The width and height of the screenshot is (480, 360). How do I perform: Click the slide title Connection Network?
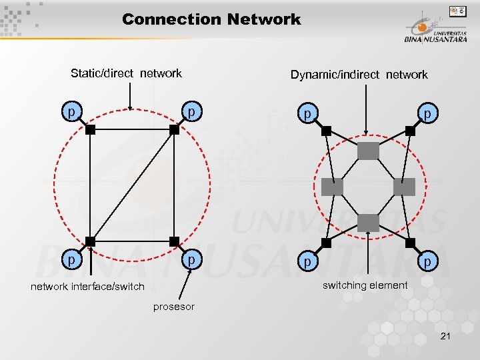[x=211, y=19]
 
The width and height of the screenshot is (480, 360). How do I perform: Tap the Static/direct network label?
[x=126, y=73]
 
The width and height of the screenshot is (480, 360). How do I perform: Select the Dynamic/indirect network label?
[x=359, y=75]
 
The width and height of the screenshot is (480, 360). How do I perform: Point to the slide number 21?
[x=445, y=336]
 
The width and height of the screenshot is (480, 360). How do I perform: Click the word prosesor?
[x=174, y=307]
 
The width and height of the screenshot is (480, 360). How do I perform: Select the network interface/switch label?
[x=87, y=287]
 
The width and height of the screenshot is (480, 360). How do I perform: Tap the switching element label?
[x=365, y=285]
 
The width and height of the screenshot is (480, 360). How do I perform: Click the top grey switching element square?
[x=368, y=151]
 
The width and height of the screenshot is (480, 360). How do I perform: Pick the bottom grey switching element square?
[x=368, y=223]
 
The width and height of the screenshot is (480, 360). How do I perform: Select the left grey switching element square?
[x=332, y=187]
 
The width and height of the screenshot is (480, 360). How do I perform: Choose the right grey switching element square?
[x=404, y=187]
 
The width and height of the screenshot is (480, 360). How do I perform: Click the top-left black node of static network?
[x=91, y=131]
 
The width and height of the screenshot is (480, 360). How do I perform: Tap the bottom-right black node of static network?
[x=174, y=241]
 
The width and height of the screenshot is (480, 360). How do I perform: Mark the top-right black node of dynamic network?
[x=410, y=131]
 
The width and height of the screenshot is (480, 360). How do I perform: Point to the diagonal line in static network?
[x=132, y=186]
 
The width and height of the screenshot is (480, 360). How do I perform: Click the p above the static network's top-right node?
[x=191, y=111]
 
